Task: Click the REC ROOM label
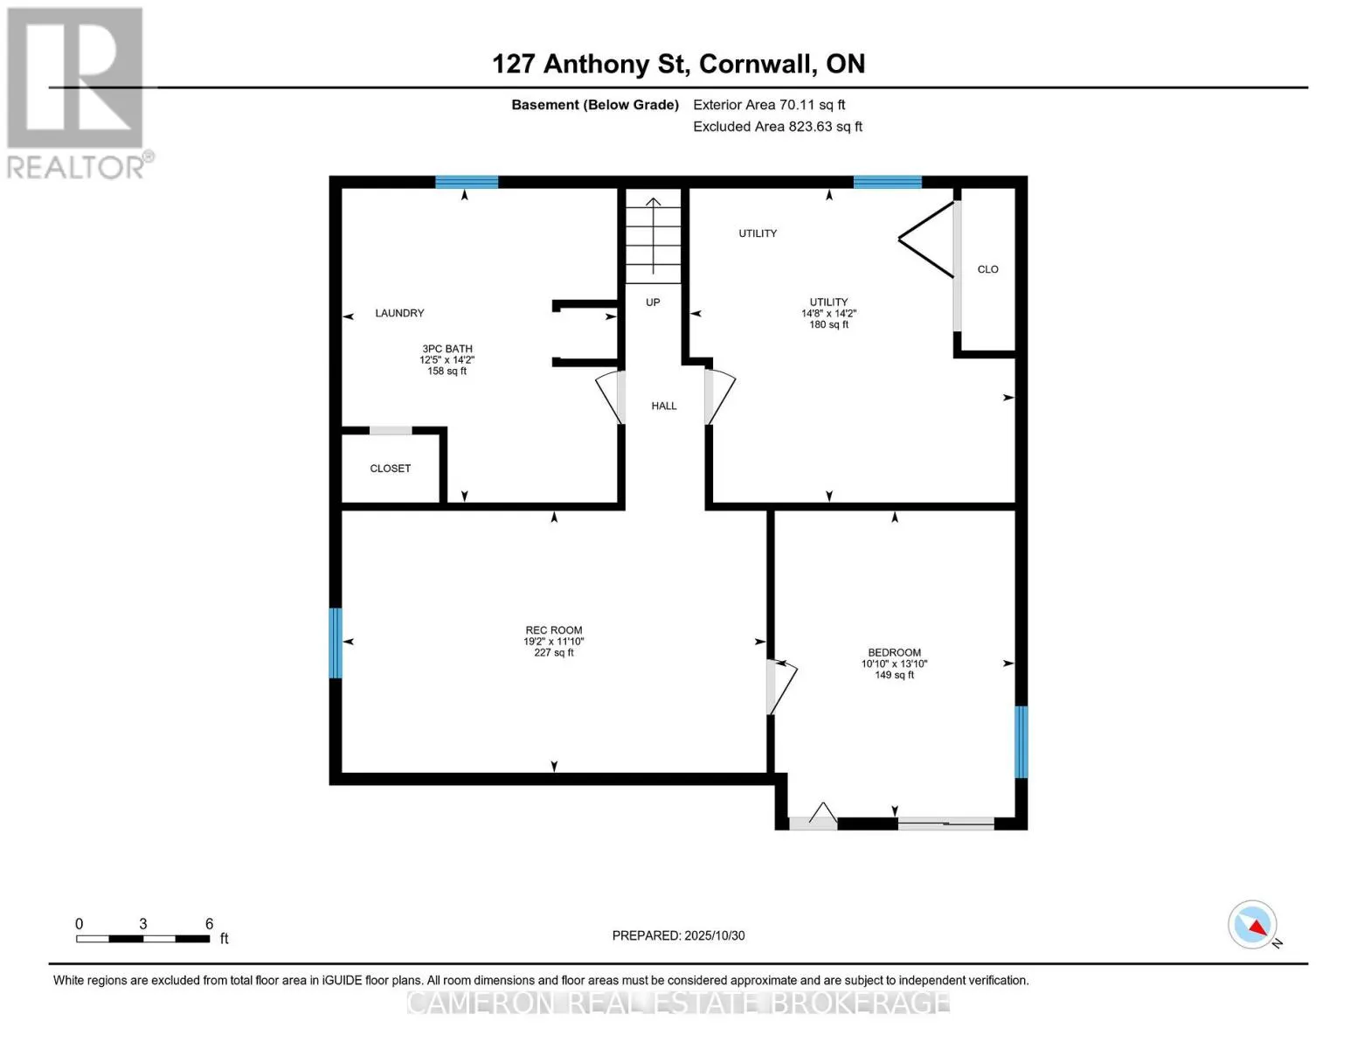pyautogui.click(x=553, y=630)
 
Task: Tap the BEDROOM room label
pyautogui.click(x=894, y=652)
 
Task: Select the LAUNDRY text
pyautogui.click(x=399, y=313)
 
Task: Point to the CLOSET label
pyautogui.click(x=390, y=469)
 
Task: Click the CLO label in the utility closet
pyautogui.click(x=987, y=269)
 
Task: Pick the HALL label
pyautogui.click(x=664, y=406)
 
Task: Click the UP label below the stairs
pyautogui.click(x=653, y=302)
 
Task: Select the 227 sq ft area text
pyautogui.click(x=554, y=653)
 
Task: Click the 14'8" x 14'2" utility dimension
pyautogui.click(x=828, y=313)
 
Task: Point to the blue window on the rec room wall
pyautogui.click(x=336, y=643)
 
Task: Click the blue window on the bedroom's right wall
pyautogui.click(x=1021, y=741)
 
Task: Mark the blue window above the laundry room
pyautogui.click(x=467, y=182)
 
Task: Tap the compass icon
pyautogui.click(x=1253, y=925)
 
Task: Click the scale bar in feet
pyautogui.click(x=143, y=938)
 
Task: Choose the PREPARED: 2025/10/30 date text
pyautogui.click(x=678, y=935)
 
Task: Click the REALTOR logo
pyautogui.click(x=77, y=93)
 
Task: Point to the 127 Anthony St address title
pyautogui.click(x=678, y=64)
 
